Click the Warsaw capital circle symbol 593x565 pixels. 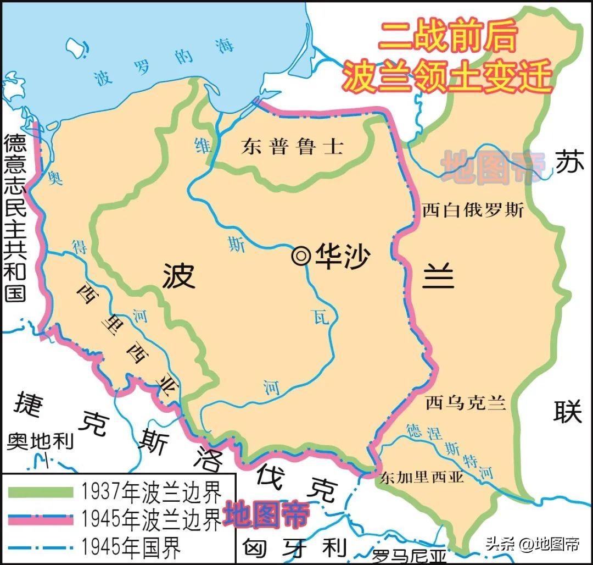[x=301, y=256]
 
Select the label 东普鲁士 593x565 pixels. [x=292, y=146]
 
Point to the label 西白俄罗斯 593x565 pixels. [x=473, y=211]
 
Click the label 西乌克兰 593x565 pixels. [x=465, y=403]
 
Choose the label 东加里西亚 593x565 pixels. [x=422, y=476]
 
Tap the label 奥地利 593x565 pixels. [x=40, y=441]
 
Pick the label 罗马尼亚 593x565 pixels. [x=409, y=556]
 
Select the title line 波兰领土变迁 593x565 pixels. [x=447, y=76]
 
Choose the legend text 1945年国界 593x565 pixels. [x=131, y=546]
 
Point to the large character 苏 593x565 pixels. [x=568, y=163]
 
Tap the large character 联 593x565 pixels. [x=568, y=411]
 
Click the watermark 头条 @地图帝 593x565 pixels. [x=532, y=545]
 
